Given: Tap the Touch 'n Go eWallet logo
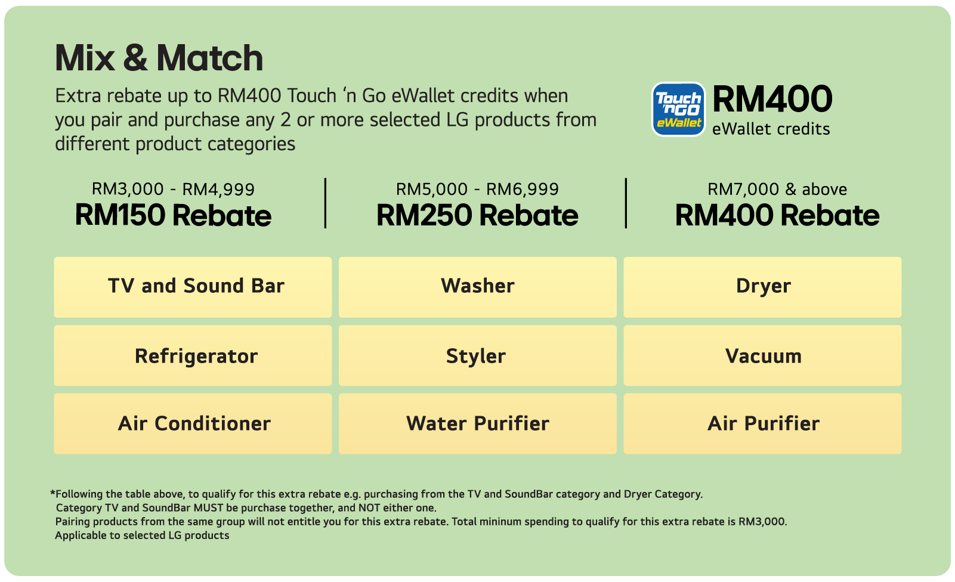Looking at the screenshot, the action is pos(678,109).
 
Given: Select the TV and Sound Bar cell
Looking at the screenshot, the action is pos(193,287).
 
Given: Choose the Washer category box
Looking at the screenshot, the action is pos(477,287).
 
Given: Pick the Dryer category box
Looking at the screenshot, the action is pos(762,287).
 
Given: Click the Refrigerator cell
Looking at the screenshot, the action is pos(193,356).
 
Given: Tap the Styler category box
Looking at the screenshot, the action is pos(477,356).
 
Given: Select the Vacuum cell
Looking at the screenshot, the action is pos(762,356).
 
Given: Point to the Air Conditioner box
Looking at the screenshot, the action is pos(193,423).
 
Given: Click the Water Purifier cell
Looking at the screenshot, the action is pos(477,423).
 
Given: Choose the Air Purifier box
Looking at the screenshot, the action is pos(762,423).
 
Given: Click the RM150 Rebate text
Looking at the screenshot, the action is pos(173,215).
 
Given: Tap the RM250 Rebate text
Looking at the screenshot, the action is pos(477,215).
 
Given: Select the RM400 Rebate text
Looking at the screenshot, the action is pos(777,215).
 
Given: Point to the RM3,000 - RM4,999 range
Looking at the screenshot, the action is pos(173,189).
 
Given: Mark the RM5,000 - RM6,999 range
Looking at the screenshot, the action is pos(477,189).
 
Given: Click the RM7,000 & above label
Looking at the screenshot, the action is pos(777,189).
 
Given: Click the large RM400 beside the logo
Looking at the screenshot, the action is pos(772,99).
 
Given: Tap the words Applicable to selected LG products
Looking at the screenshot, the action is pos(142,535).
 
